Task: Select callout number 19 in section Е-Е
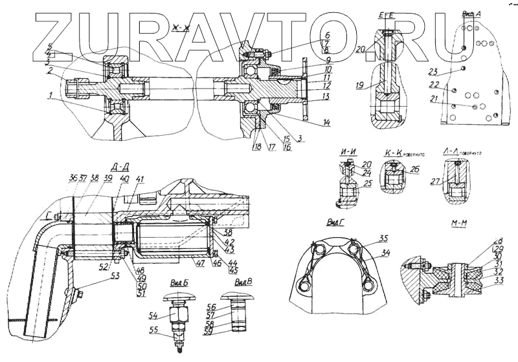point(360,85)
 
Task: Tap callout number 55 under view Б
point(153,330)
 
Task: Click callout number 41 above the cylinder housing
point(141,178)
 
